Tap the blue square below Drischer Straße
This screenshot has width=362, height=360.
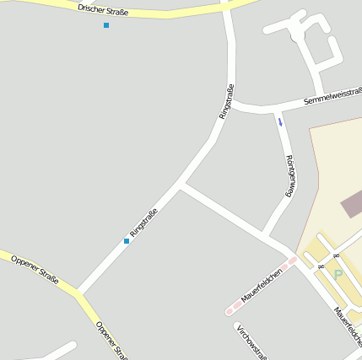(x=106, y=25)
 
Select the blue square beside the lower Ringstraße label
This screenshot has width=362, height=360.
(x=127, y=241)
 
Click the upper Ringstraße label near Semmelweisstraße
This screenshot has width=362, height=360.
(x=226, y=101)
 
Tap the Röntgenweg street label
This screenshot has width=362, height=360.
(x=289, y=175)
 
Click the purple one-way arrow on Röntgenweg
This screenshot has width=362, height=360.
(x=280, y=121)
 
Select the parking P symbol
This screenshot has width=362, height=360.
(x=338, y=275)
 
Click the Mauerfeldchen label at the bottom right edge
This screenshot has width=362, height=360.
(x=348, y=325)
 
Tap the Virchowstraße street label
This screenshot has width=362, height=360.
(x=251, y=341)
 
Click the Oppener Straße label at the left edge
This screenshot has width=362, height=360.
(x=35, y=268)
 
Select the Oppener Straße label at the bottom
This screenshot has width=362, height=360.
(x=111, y=339)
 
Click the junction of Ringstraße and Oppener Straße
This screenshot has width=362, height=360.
(x=78, y=293)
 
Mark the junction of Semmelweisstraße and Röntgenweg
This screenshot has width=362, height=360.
(x=275, y=109)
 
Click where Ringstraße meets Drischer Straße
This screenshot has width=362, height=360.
(x=225, y=8)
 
